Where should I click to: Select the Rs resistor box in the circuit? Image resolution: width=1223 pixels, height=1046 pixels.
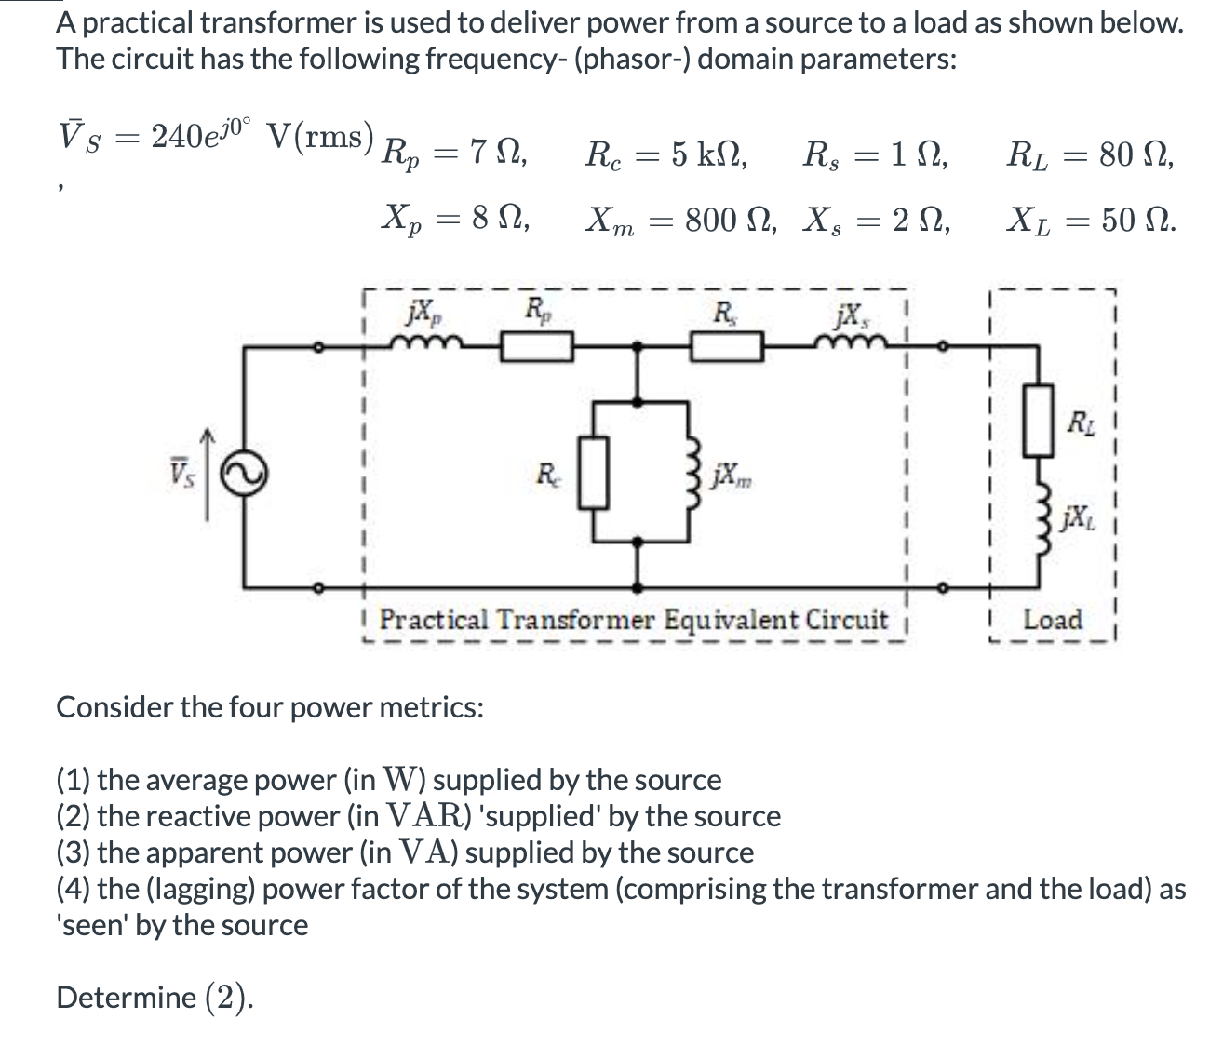tap(727, 347)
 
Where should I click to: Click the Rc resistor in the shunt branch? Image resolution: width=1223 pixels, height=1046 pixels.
tap(596, 475)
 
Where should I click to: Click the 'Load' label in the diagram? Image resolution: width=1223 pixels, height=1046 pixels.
tap(1053, 619)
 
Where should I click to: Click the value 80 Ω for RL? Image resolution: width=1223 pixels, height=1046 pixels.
tap(1125, 154)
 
